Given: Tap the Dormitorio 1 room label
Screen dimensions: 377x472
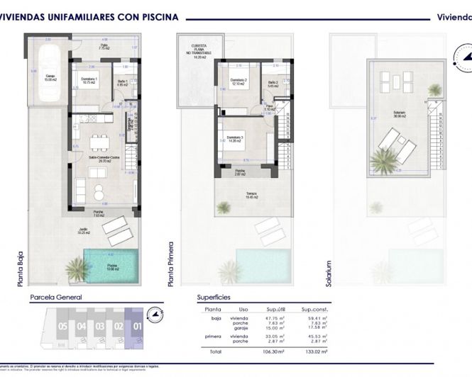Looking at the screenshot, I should point(89,81).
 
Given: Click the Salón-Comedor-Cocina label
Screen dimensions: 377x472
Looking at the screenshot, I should point(103,159).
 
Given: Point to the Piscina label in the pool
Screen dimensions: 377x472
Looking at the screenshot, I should point(114,266).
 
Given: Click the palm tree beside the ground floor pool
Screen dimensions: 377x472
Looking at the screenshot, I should point(76,269).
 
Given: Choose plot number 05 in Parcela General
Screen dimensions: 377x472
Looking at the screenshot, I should point(62,327).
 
